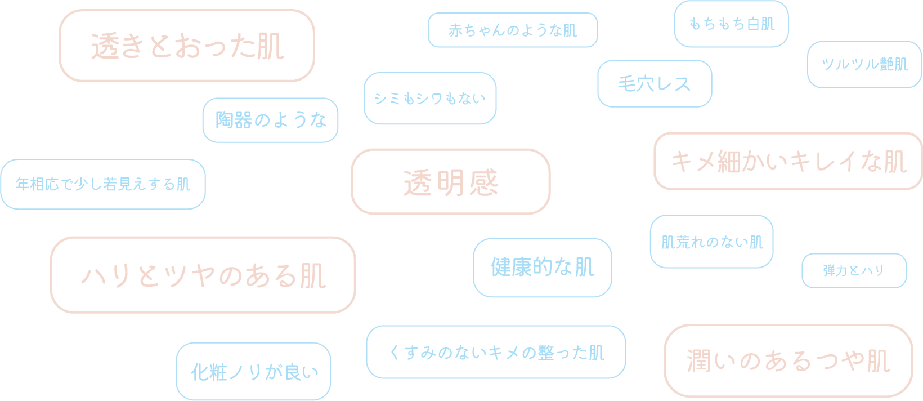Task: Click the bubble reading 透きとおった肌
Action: click(186, 46)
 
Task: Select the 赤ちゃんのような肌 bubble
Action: click(512, 30)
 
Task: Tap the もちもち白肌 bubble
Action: click(731, 24)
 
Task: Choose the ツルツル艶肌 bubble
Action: click(864, 64)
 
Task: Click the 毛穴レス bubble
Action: click(654, 84)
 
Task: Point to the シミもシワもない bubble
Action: click(429, 99)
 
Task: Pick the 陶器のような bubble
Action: click(270, 120)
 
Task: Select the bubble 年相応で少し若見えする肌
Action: click(103, 184)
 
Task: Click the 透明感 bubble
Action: click(450, 182)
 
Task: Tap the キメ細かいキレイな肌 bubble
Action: click(788, 162)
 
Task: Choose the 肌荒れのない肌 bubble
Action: click(711, 242)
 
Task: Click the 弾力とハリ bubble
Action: click(854, 271)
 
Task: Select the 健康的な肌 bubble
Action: click(542, 268)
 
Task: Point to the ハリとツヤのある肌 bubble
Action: click(203, 275)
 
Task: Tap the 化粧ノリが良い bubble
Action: click(253, 372)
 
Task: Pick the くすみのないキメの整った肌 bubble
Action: click(496, 353)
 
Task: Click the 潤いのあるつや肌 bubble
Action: click(788, 361)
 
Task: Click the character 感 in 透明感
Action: click(484, 182)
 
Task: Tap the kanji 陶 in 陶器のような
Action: click(225, 120)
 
